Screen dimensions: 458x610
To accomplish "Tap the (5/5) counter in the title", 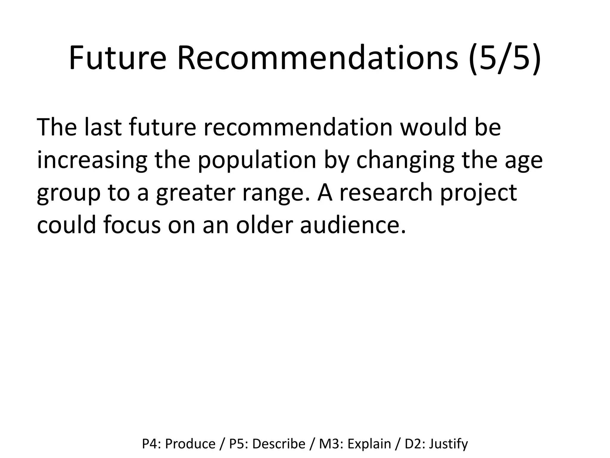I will pos(504,58).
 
